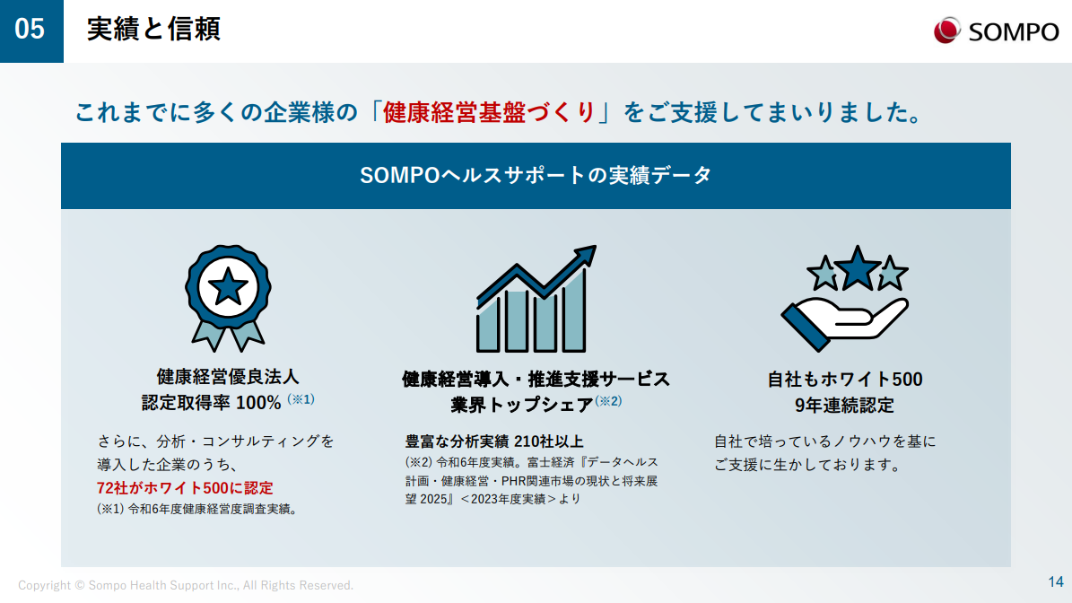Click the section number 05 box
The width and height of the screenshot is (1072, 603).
pyautogui.click(x=31, y=31)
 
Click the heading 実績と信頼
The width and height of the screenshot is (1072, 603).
pyautogui.click(x=153, y=30)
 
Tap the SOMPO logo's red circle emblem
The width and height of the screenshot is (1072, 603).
pyautogui.click(x=947, y=31)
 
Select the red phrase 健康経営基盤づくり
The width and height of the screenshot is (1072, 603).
pyautogui.click(x=489, y=112)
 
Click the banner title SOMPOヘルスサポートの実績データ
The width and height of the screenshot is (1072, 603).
pyautogui.click(x=536, y=176)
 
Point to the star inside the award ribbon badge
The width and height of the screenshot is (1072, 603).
pyautogui.click(x=228, y=287)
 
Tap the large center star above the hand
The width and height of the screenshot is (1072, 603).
pyautogui.click(x=858, y=267)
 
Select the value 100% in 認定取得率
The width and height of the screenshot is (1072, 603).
pyautogui.click(x=257, y=403)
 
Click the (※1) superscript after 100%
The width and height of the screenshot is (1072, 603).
pyautogui.click(x=301, y=399)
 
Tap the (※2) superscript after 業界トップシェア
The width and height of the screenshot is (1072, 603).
pyautogui.click(x=608, y=401)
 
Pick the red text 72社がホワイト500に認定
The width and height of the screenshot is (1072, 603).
pyautogui.click(x=185, y=488)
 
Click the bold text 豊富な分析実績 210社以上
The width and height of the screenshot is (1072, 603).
pyautogui.click(x=494, y=441)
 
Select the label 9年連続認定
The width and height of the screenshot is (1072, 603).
pyautogui.click(x=844, y=406)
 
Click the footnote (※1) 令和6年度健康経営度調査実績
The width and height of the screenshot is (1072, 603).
pyautogui.click(x=196, y=510)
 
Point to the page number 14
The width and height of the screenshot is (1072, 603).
pyautogui.click(x=1056, y=581)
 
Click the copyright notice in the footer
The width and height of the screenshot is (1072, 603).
pyautogui.click(x=186, y=585)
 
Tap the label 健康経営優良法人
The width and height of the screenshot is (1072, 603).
pyautogui.click(x=228, y=377)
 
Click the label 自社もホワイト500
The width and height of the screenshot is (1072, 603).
pyautogui.click(x=845, y=380)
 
